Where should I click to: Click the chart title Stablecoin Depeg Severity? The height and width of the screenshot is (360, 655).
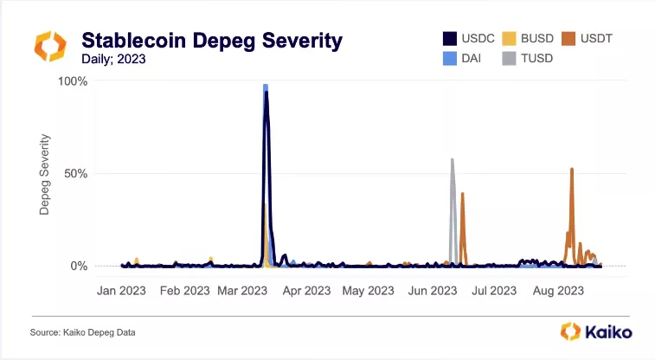tap(211, 41)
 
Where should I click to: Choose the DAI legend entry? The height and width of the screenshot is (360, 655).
tap(462, 58)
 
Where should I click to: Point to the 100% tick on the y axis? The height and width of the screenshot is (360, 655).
tap(73, 81)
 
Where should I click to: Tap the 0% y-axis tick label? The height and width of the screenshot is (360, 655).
tap(79, 266)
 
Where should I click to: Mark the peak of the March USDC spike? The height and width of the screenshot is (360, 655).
tap(266, 92)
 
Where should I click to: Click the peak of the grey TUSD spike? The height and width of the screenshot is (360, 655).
tap(452, 159)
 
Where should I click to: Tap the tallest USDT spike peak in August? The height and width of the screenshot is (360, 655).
tap(572, 169)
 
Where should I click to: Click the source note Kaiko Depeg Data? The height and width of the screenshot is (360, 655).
tap(83, 332)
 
